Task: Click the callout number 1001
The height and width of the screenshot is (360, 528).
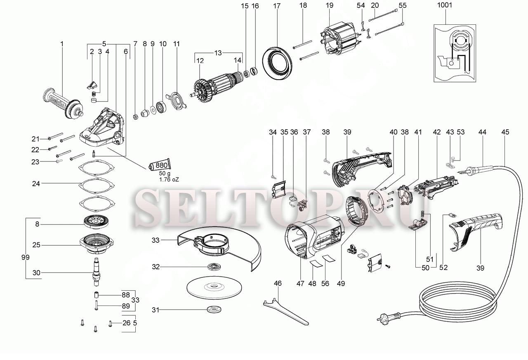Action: point(445,5)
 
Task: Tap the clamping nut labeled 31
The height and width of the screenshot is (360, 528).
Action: point(214,309)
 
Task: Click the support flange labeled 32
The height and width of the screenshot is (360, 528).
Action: point(214,267)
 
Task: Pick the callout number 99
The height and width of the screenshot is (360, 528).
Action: point(25,257)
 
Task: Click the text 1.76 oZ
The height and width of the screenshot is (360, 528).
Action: point(169,180)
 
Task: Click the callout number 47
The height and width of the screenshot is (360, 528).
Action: point(300,283)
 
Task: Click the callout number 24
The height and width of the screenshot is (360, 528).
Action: point(36,183)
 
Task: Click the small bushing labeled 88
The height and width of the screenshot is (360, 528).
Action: point(96,295)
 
